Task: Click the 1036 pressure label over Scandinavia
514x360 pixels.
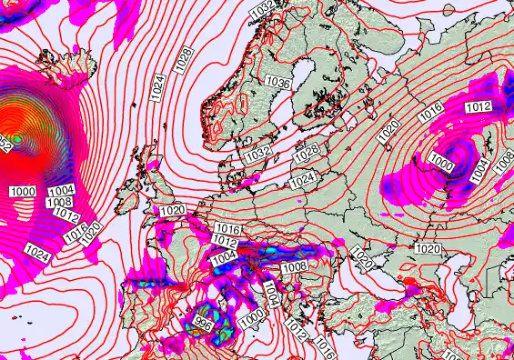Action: (278, 83)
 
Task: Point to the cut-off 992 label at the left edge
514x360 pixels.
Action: (5, 144)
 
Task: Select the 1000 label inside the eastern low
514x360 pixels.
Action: (442, 162)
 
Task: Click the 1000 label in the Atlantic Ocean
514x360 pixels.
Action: (24, 190)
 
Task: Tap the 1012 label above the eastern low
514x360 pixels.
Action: (479, 107)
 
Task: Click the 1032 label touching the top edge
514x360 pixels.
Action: (262, 7)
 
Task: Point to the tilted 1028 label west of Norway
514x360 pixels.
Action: (185, 60)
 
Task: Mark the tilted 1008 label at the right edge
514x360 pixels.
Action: (501, 165)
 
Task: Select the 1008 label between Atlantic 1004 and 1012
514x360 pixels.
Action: (60, 202)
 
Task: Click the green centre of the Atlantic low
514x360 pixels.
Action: (16, 139)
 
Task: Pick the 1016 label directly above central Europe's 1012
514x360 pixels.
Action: (228, 229)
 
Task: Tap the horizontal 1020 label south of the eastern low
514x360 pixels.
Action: (427, 248)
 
